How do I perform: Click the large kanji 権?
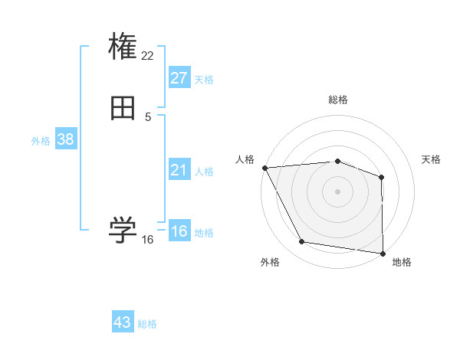tap(123, 47)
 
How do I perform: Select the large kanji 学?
tap(123, 230)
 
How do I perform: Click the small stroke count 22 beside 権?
tap(148, 55)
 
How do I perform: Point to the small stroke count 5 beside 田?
tap(148, 116)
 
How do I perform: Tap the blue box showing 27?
tap(179, 78)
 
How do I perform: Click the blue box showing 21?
tap(179, 170)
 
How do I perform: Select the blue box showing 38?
tap(65, 139)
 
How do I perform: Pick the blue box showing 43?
tap(123, 322)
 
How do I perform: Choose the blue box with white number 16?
tap(179, 231)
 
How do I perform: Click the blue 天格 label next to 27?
tap(204, 80)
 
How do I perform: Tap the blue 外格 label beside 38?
tap(41, 141)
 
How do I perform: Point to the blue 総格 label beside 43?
tap(147, 324)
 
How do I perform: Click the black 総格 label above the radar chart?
tap(337, 100)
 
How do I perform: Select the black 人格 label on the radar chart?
tap(245, 159)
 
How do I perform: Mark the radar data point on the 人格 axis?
tap(264, 167)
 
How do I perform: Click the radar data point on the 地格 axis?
tap(382, 253)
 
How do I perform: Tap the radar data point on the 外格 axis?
tap(302, 242)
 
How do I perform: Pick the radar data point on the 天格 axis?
tap(381, 177)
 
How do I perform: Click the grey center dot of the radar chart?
tap(337, 191)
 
